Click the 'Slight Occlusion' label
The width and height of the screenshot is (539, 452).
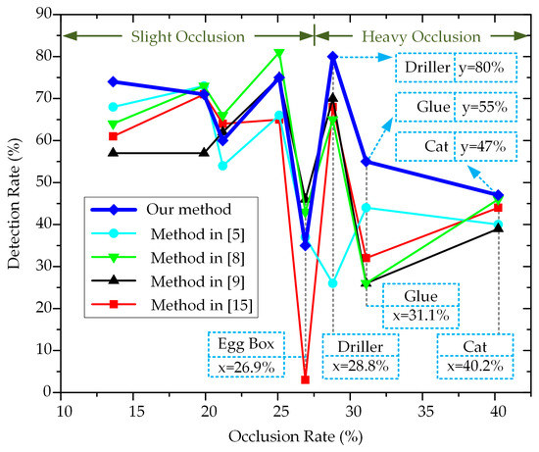[187, 36]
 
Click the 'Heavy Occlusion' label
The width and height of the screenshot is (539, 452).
[422, 36]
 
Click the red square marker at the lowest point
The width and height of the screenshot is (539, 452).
[306, 379]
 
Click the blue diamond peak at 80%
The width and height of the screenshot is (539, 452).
[333, 57]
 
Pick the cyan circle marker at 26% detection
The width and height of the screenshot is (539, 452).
[333, 282]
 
